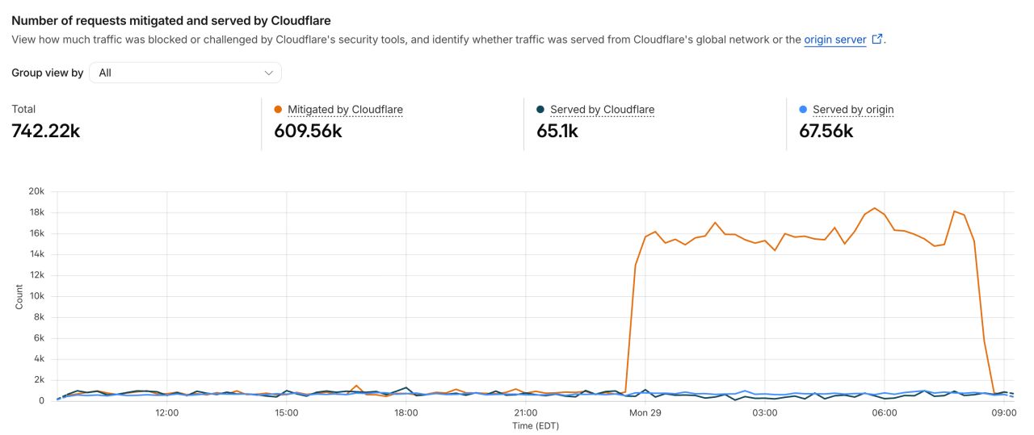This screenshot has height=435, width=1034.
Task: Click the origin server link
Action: tap(834, 40)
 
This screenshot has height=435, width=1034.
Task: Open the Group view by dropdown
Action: tap(185, 73)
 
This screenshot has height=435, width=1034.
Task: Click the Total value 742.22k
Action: tap(46, 131)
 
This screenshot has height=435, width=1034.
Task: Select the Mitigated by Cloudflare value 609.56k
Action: tap(308, 131)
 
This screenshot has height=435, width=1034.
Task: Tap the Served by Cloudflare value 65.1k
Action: tap(557, 131)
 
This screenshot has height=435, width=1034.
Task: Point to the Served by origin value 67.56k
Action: tap(826, 131)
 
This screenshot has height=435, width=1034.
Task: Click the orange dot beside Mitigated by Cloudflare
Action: tap(278, 109)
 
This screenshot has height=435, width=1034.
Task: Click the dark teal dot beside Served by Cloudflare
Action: tap(540, 109)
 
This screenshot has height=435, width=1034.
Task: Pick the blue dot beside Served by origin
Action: tap(803, 109)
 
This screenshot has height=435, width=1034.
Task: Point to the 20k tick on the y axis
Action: tap(36, 191)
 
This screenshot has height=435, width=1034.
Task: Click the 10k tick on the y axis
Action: tap(37, 295)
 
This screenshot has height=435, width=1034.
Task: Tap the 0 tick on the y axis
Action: tap(41, 400)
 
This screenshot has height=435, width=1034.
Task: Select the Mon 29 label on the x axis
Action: tap(645, 413)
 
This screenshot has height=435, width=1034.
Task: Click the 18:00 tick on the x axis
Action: tap(406, 413)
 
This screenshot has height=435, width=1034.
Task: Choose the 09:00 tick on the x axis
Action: tap(1004, 413)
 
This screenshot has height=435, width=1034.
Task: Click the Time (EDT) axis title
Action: tap(536, 426)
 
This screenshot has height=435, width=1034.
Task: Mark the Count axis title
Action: tap(19, 297)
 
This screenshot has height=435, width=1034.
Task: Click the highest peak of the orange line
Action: tap(874, 208)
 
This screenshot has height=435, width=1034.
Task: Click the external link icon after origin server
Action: tap(877, 40)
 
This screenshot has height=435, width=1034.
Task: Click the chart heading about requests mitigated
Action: tap(171, 21)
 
